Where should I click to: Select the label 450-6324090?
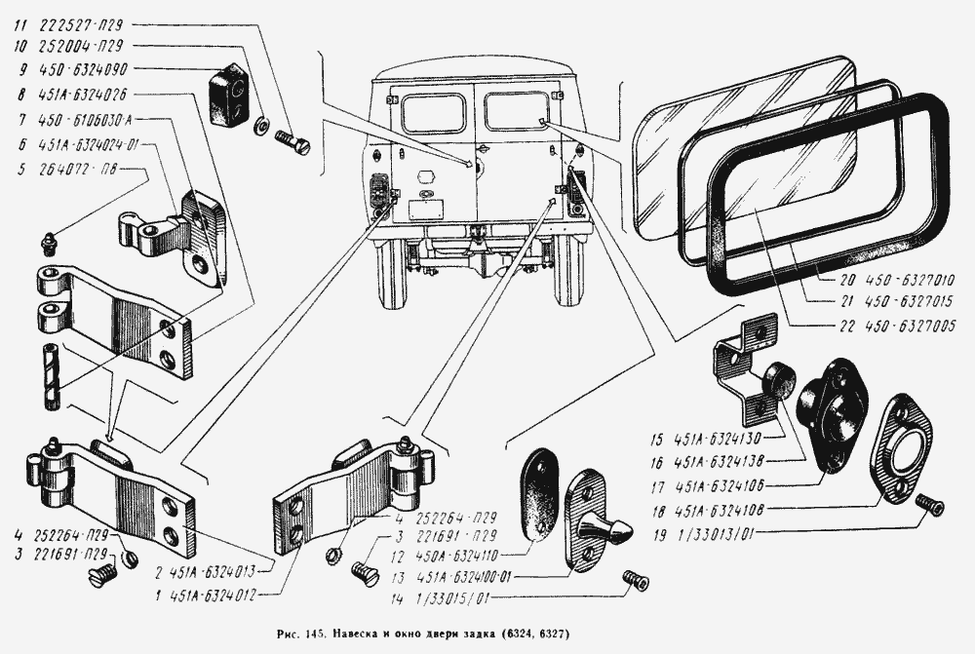pos(88,69)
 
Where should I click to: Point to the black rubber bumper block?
pos(230,96)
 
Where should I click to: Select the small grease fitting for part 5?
pos(47,239)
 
